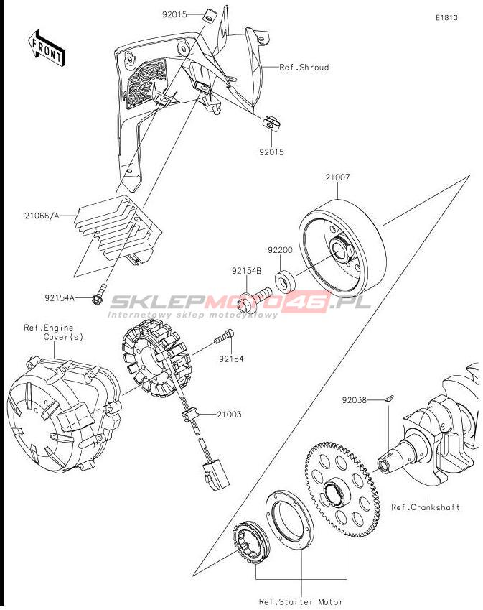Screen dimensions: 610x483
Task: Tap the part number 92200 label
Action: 280,250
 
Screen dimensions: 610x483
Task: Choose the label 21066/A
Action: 42,215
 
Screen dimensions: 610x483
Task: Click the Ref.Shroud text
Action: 304,68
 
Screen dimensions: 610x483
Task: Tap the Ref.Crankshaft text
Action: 426,507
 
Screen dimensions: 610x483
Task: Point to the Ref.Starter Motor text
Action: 301,601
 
